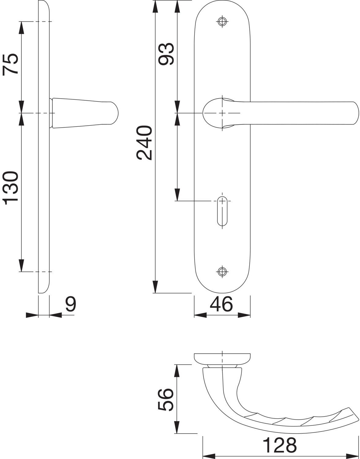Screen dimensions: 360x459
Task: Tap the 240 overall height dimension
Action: [144, 143]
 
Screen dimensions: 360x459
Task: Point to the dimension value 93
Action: [166, 54]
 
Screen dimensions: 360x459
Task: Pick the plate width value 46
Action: [221, 304]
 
